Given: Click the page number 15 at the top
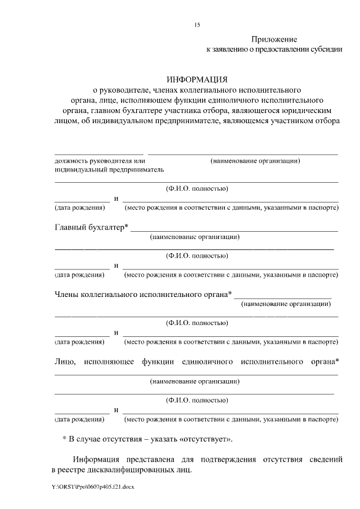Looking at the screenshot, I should (x=197, y=25).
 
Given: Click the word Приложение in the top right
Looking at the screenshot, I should (x=273, y=39).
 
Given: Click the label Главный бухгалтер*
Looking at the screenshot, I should (x=92, y=227).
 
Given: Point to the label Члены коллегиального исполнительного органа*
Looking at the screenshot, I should (x=143, y=294).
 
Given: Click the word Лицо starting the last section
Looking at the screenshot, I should (x=65, y=361).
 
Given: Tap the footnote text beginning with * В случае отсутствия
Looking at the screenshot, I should (x=147, y=438).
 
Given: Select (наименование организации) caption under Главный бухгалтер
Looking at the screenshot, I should (x=195, y=237).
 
